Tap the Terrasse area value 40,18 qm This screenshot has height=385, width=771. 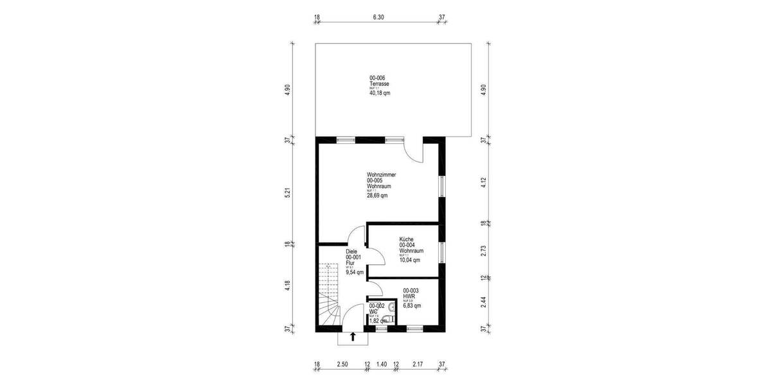(380, 93)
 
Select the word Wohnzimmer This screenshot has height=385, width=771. (381, 175)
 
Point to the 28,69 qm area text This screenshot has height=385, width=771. (377, 196)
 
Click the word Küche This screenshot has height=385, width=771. (406, 239)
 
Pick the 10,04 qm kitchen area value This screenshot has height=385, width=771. (409, 260)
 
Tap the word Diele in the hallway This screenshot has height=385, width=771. (351, 252)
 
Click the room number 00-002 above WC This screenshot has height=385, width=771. (377, 306)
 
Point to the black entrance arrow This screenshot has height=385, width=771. (352, 336)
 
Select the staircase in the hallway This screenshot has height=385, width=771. (329, 295)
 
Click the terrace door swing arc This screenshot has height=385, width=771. (413, 151)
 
